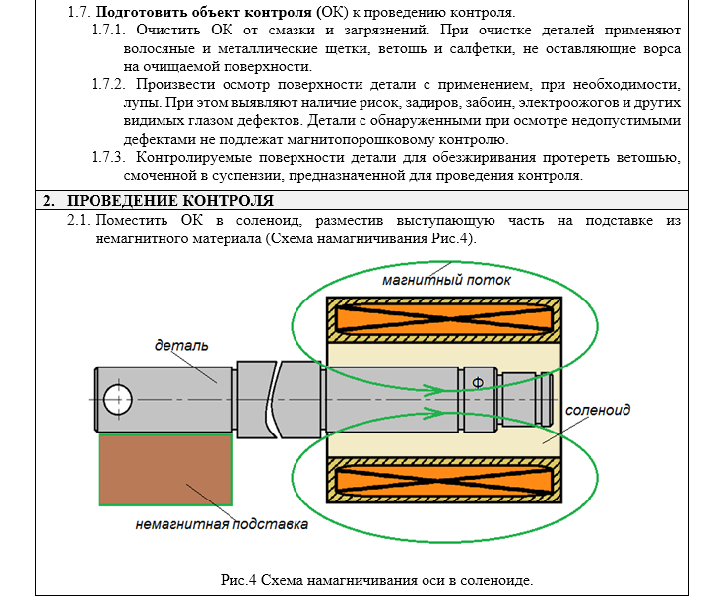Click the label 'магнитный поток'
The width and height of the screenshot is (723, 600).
[x=446, y=280]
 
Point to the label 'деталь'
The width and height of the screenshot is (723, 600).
[x=181, y=345]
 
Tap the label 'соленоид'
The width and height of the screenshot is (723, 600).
[x=598, y=410]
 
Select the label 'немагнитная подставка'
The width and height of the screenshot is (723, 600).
[x=222, y=524]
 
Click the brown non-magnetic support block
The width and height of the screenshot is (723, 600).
[x=165, y=470]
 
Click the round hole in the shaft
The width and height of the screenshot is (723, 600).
[x=118, y=400]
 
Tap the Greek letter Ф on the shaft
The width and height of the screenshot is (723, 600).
[x=478, y=383]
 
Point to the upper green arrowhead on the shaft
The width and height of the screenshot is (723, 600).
[x=434, y=390]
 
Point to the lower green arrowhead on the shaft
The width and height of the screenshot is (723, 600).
[x=434, y=413]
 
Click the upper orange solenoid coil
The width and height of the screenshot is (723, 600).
[x=444, y=319]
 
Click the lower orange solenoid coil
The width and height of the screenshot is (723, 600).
[x=444, y=480]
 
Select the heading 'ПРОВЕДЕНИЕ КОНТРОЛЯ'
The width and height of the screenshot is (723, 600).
[x=170, y=201]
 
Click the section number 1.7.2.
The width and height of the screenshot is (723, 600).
[x=108, y=85]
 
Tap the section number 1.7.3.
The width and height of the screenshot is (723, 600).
[x=108, y=158]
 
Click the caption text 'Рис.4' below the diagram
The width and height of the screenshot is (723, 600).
[x=238, y=580]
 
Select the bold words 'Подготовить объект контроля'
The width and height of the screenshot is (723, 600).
[x=203, y=12]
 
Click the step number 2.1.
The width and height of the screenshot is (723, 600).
[x=79, y=220]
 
